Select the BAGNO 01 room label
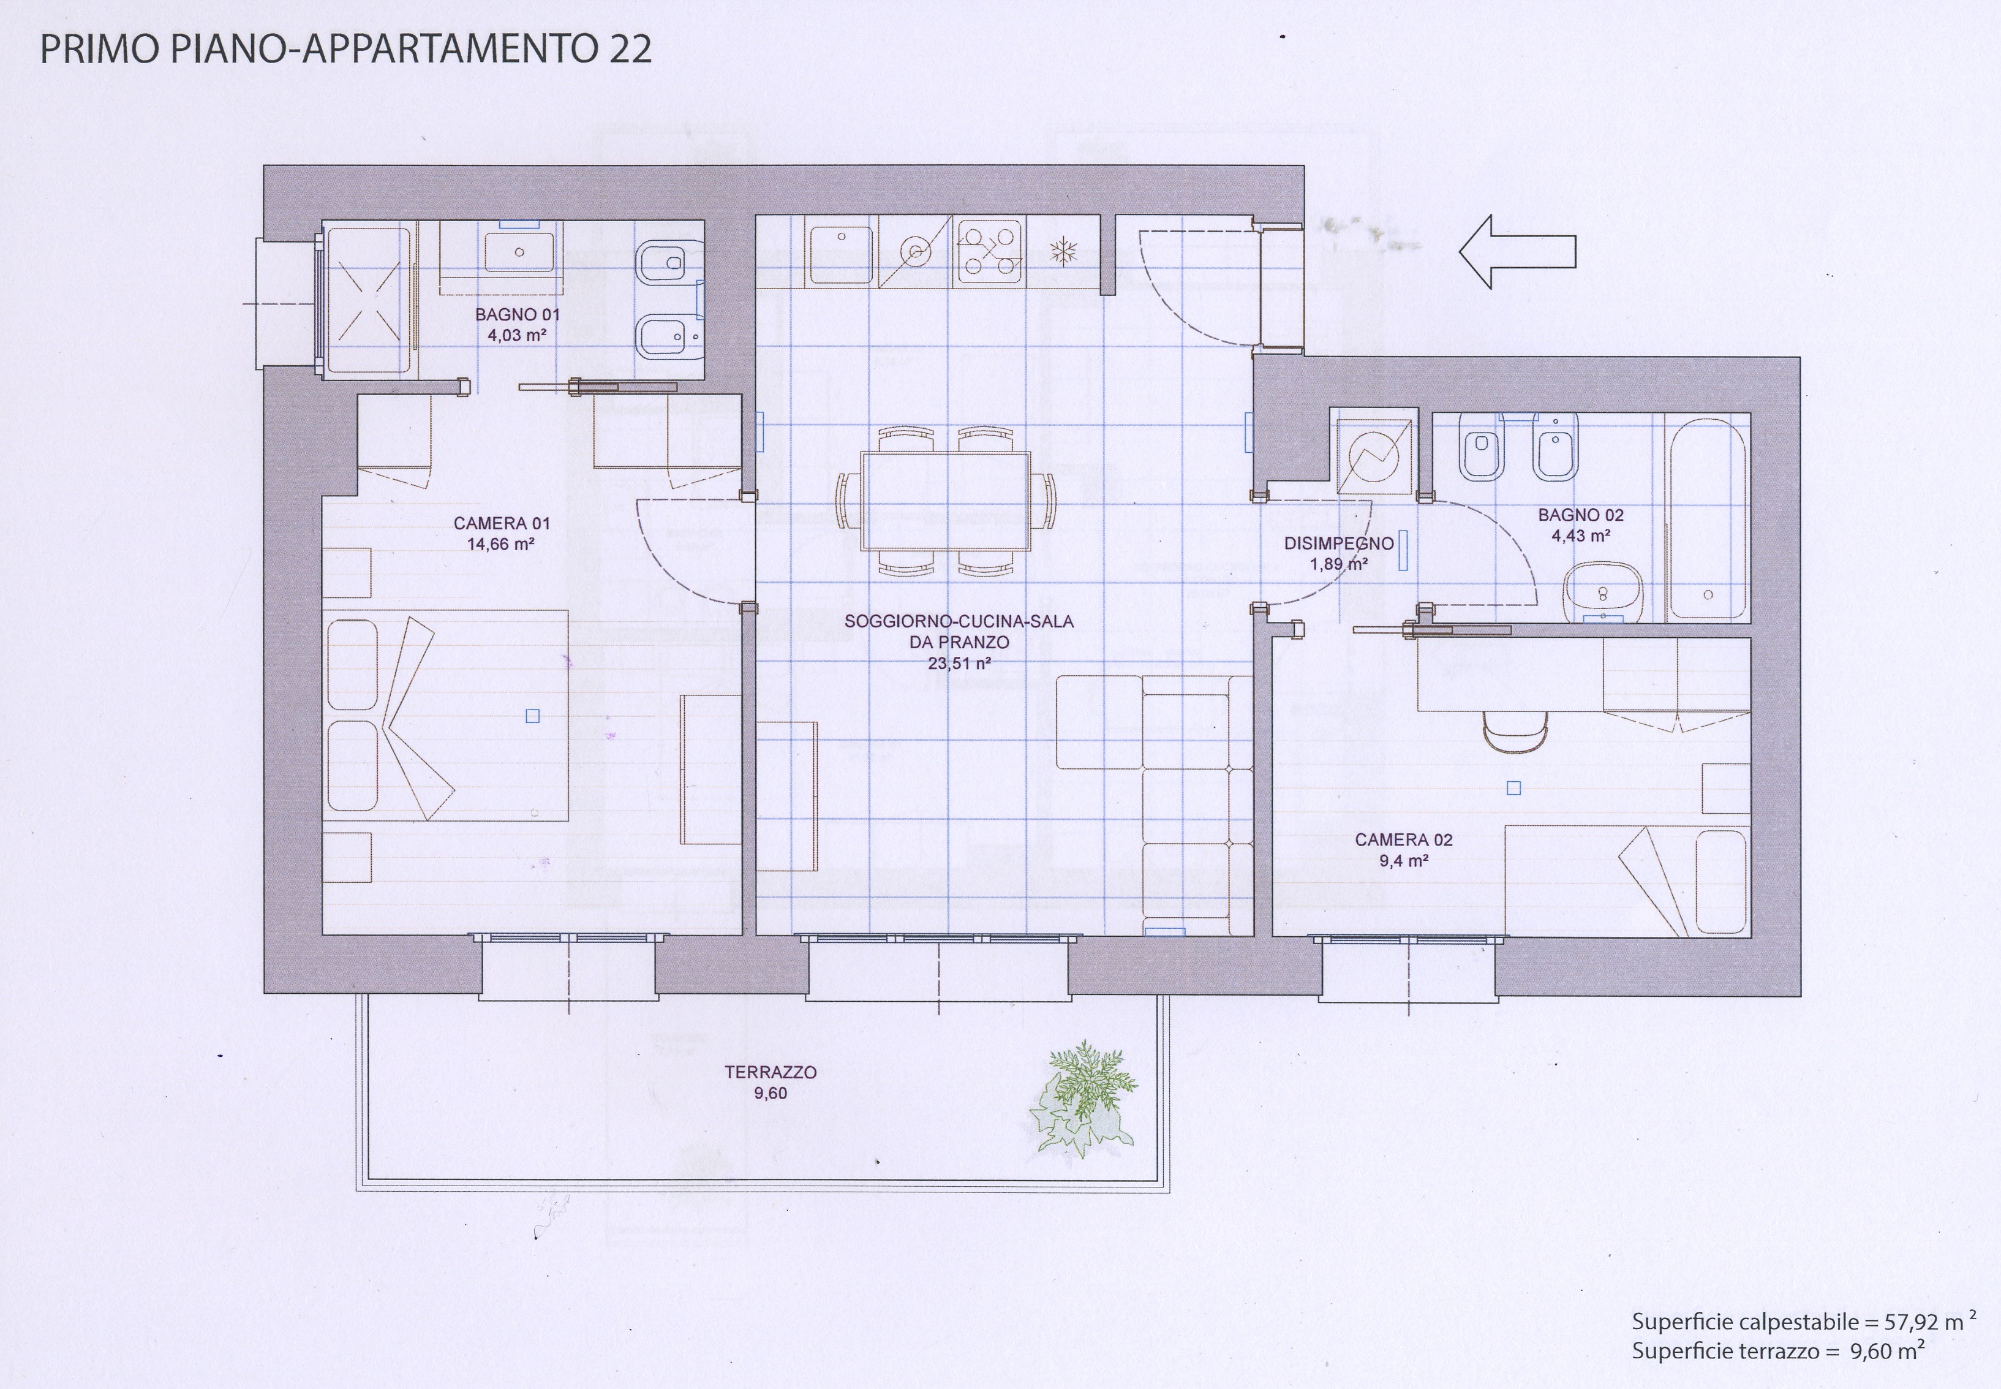point(517,315)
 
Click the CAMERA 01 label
point(502,523)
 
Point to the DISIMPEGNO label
point(1339,543)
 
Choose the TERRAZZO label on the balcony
point(771,1072)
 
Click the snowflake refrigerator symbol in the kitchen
point(1064,252)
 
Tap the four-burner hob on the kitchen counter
point(989,252)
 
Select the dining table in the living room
point(946,501)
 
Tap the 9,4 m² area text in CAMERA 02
point(1403,861)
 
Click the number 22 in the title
point(630,50)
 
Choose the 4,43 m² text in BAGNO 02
point(1581,536)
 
